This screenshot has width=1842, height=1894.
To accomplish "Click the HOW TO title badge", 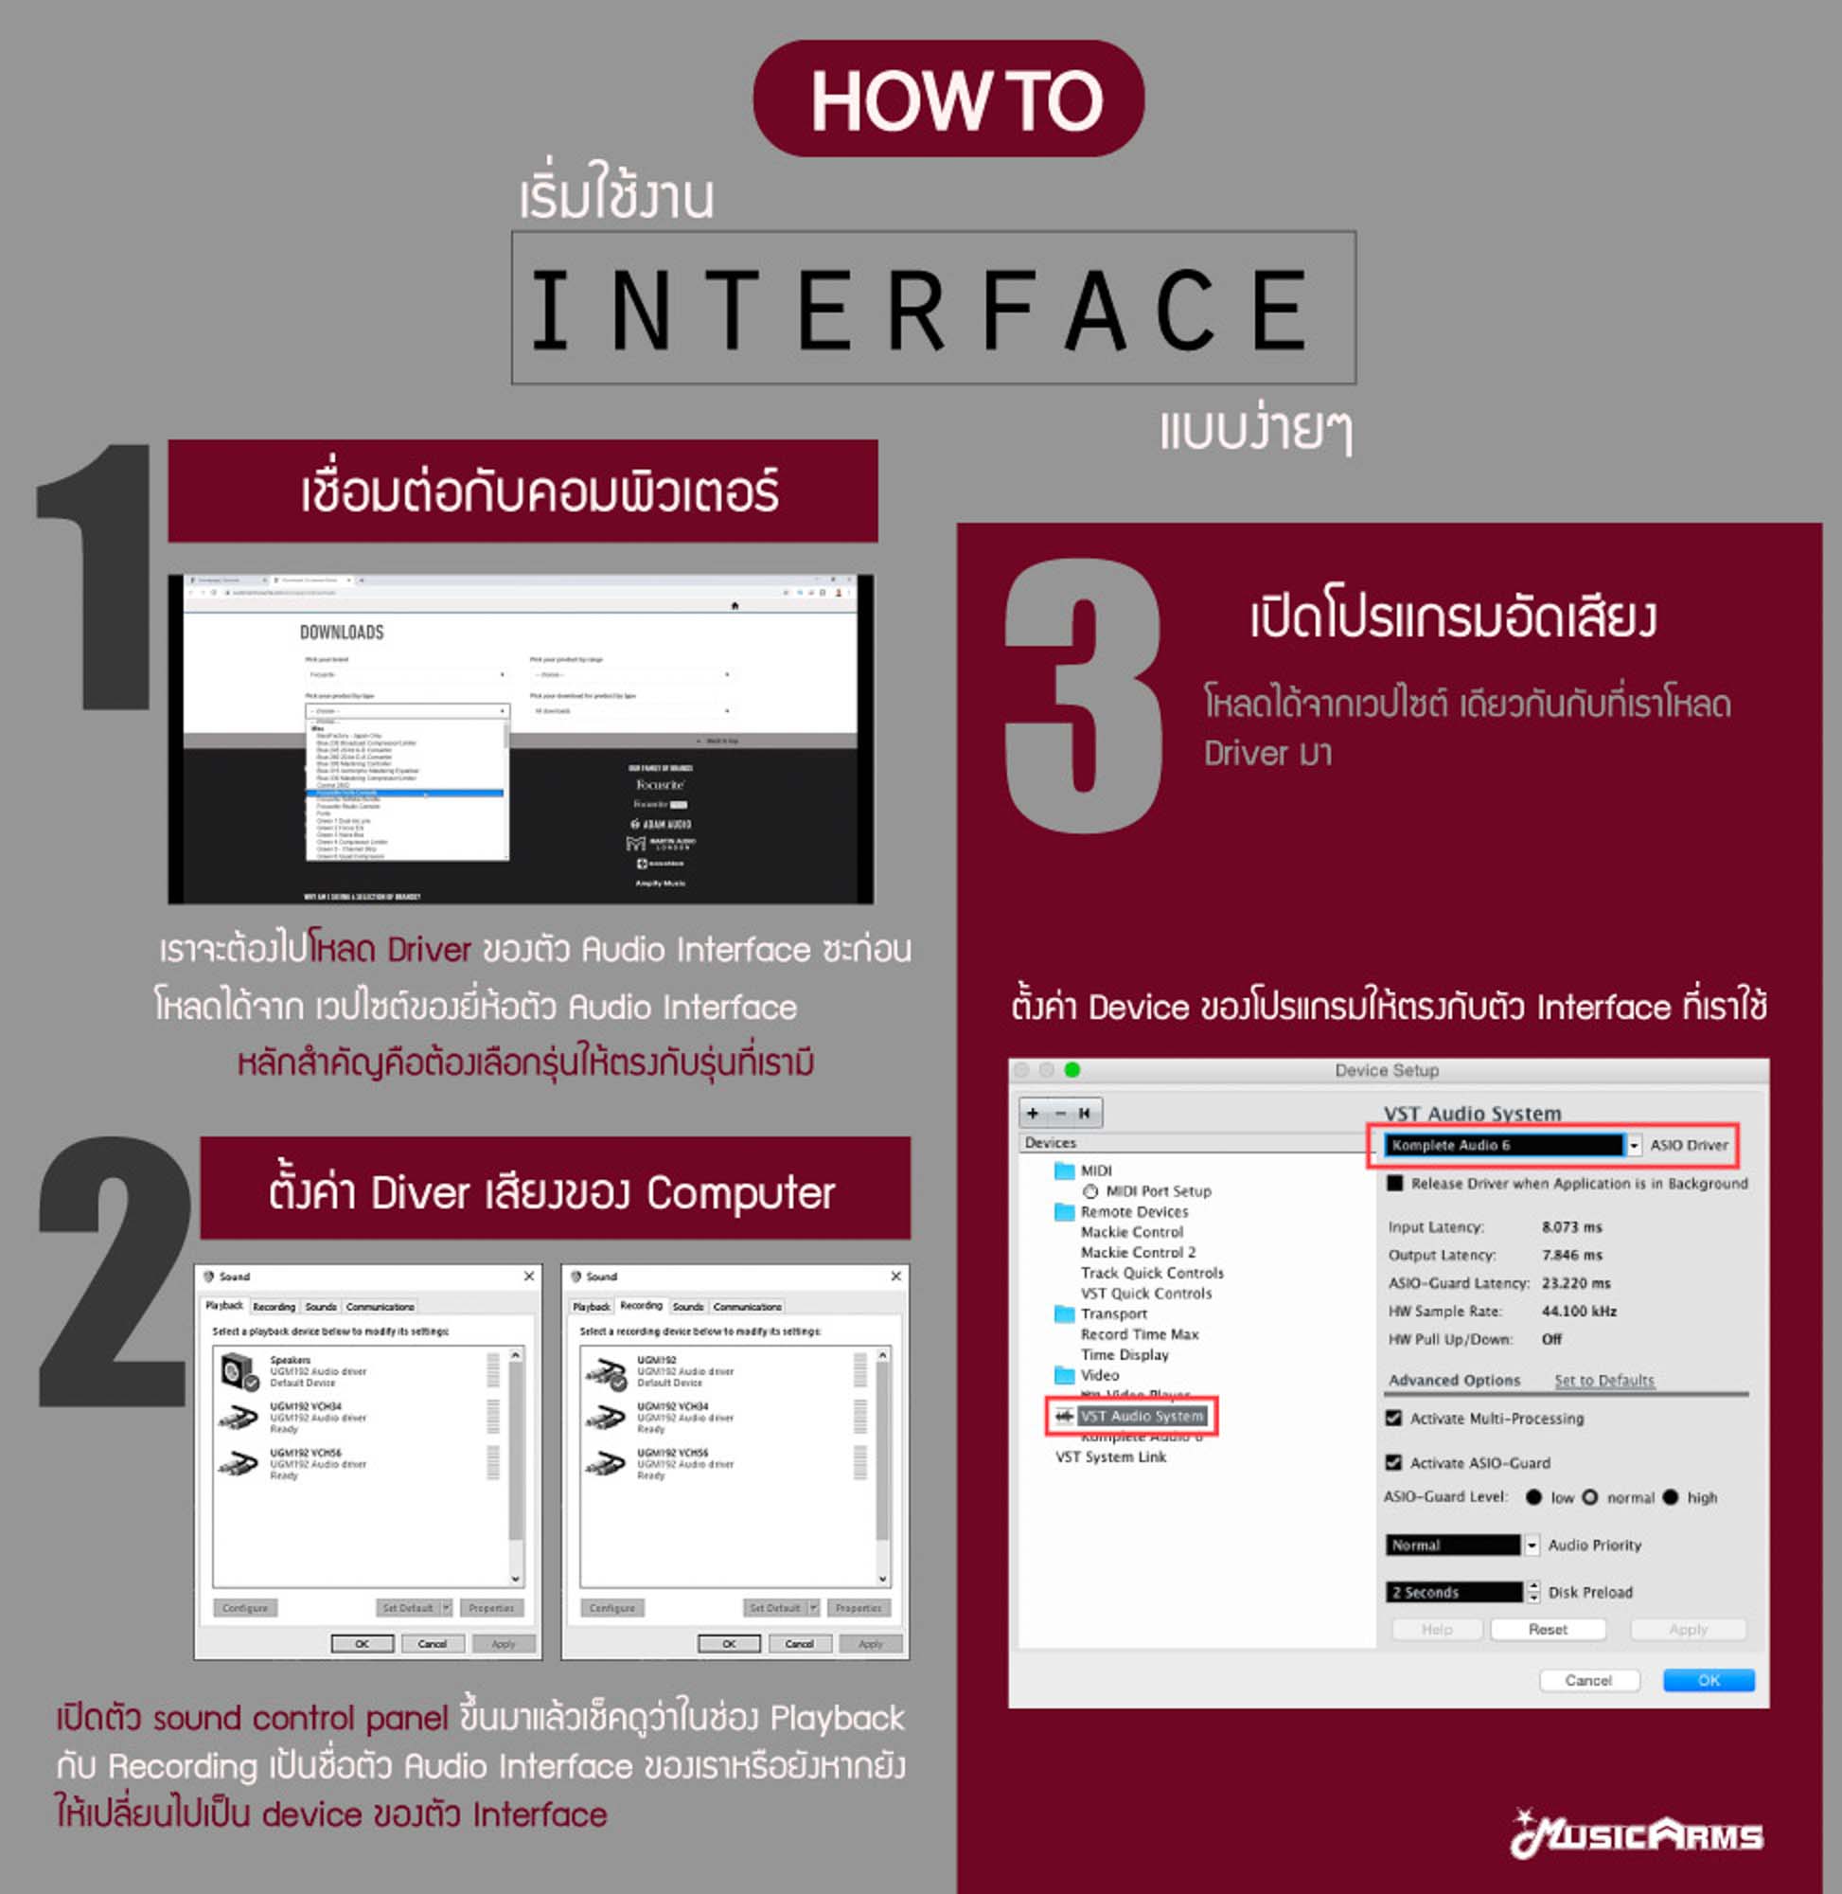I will pyautogui.click(x=948, y=98).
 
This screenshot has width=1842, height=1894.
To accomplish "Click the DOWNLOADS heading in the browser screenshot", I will pyautogui.click(x=342, y=632).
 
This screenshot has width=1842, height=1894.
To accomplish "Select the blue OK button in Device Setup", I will pyautogui.click(x=1708, y=1680).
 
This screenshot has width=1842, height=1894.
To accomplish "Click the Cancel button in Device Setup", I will pyautogui.click(x=1587, y=1680).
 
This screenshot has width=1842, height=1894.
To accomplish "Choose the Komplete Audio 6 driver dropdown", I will pyautogui.click(x=1510, y=1145).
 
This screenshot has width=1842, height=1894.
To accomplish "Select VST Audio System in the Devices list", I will pyautogui.click(x=1141, y=1416).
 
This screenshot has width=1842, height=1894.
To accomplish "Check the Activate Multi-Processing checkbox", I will pyautogui.click(x=1393, y=1418).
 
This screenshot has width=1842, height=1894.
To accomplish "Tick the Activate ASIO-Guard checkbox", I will pyautogui.click(x=1393, y=1462).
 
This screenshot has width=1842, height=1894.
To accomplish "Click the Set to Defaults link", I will pyautogui.click(x=1603, y=1380).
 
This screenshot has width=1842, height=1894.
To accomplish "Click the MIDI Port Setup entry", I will pyautogui.click(x=1157, y=1191).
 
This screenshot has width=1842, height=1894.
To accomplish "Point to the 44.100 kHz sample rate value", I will pyautogui.click(x=1578, y=1312).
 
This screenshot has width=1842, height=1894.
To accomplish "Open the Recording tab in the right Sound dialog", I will pyautogui.click(x=641, y=1306).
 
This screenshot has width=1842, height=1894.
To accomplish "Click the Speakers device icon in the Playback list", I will pyautogui.click(x=237, y=1371).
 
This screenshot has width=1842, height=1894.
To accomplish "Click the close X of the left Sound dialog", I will pyautogui.click(x=529, y=1277).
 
